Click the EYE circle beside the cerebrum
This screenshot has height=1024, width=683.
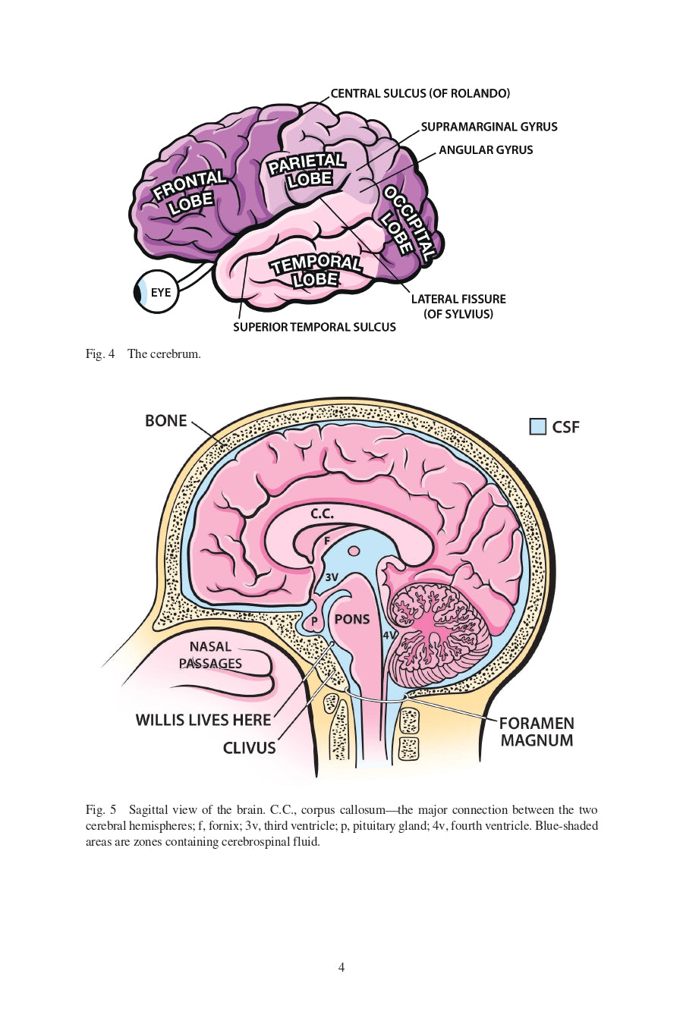pos(157,292)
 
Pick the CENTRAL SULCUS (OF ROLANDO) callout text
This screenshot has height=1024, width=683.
pos(420,93)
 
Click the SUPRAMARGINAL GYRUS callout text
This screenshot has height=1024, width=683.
pos(489,127)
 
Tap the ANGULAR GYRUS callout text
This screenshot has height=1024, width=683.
pos(486,149)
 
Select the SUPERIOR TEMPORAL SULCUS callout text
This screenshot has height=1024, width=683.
pos(314,327)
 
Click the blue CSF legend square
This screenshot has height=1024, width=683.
pos(537,426)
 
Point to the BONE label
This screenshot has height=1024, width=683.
pos(165,420)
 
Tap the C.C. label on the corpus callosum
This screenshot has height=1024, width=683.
pos(322,514)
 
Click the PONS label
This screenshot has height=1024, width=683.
pos(352,619)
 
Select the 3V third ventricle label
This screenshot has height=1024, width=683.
pos(332,577)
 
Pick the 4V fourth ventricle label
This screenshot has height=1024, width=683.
pos(389,635)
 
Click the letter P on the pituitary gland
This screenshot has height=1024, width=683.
pos(314,622)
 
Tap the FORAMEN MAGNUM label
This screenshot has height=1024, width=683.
pos(537,732)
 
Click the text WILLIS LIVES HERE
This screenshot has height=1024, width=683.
pos(203,720)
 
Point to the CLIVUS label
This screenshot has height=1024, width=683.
pos(249,748)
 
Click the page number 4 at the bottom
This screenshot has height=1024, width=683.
pos(341,967)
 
